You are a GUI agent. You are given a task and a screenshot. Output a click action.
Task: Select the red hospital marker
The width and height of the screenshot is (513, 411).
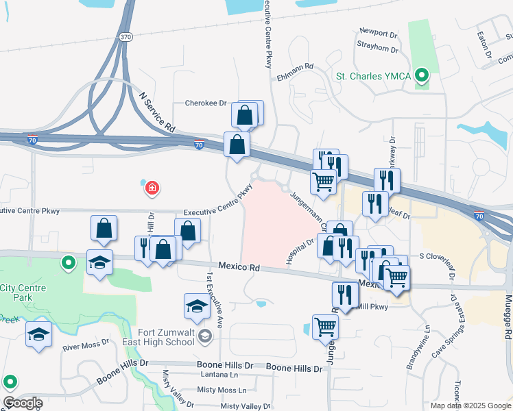152,187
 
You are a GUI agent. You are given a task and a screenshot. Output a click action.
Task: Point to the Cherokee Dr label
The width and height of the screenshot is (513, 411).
206,103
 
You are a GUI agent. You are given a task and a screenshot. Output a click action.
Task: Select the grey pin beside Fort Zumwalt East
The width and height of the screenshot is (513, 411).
204,336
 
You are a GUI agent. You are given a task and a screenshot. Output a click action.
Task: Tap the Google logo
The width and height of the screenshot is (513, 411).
22,402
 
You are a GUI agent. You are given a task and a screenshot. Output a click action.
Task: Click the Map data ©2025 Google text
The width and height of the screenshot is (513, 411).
470,406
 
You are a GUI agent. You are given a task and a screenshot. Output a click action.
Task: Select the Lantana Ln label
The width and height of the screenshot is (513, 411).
219,375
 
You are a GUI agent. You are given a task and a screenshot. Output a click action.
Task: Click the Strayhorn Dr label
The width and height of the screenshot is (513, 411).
377,49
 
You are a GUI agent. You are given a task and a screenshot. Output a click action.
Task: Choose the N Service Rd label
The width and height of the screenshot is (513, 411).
158,114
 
